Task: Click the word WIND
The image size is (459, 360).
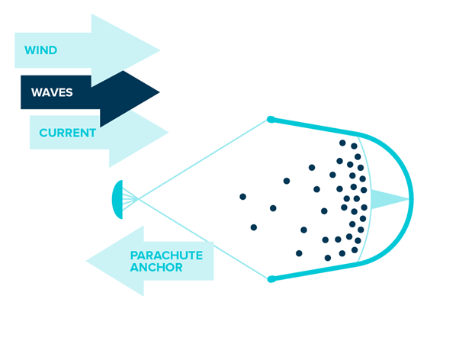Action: point(40,51)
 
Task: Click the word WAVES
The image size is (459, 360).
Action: point(52,92)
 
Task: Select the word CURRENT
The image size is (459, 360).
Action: point(67,133)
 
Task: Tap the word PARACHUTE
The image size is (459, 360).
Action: point(166,256)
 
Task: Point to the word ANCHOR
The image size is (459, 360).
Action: point(156,268)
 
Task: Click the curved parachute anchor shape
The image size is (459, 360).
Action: point(117,199)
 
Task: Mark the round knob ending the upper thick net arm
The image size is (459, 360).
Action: point(271,119)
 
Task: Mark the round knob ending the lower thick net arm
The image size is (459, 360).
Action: point(271,279)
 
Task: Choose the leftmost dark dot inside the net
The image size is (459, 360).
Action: point(242,197)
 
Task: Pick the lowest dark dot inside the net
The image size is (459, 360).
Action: point(328,258)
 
